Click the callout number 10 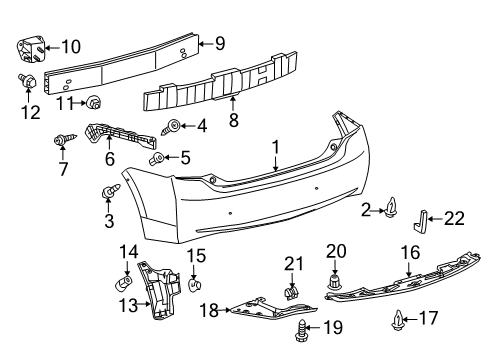[x=71, y=46]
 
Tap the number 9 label [x=220, y=42]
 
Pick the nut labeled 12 [x=28, y=80]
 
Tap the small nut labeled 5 [x=156, y=159]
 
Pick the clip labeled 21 [x=291, y=292]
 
